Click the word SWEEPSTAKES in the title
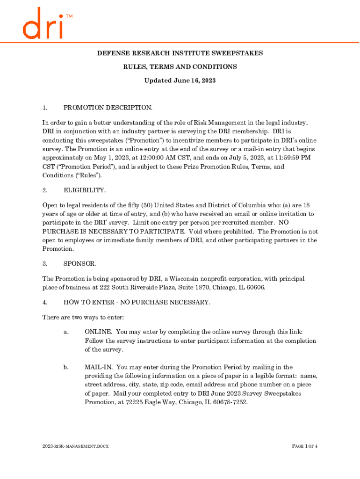[x=237, y=53]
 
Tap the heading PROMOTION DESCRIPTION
[x=108, y=108]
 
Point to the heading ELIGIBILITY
[x=85, y=190]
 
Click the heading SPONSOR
[x=80, y=264]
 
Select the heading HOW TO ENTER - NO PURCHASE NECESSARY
[x=137, y=302]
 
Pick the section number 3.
[x=45, y=264]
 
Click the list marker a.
[x=66, y=332]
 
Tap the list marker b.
[x=66, y=367]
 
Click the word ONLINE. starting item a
[x=98, y=332]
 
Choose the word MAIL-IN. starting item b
[x=99, y=367]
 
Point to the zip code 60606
[x=255, y=287]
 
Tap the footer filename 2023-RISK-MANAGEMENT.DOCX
[x=75, y=446]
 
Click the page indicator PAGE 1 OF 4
[x=305, y=446]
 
